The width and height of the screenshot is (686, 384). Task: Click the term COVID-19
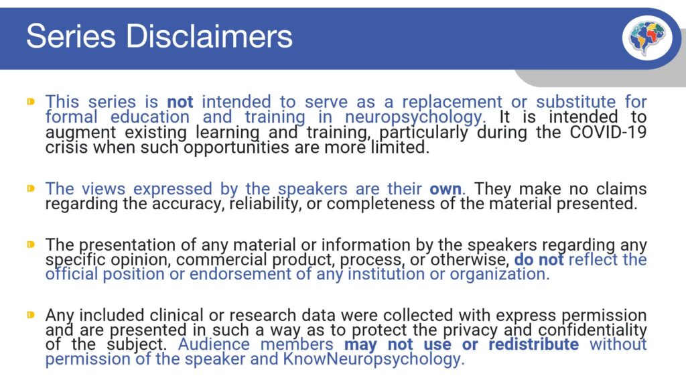tap(608, 131)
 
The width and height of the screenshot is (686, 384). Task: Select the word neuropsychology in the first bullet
tap(421, 117)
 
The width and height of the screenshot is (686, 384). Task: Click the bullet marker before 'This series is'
tap(31, 102)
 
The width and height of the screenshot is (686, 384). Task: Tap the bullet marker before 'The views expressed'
tap(31, 189)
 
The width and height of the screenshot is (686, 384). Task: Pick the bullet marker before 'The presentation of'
tap(31, 245)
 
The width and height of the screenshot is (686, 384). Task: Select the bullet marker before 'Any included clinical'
tap(31, 314)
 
